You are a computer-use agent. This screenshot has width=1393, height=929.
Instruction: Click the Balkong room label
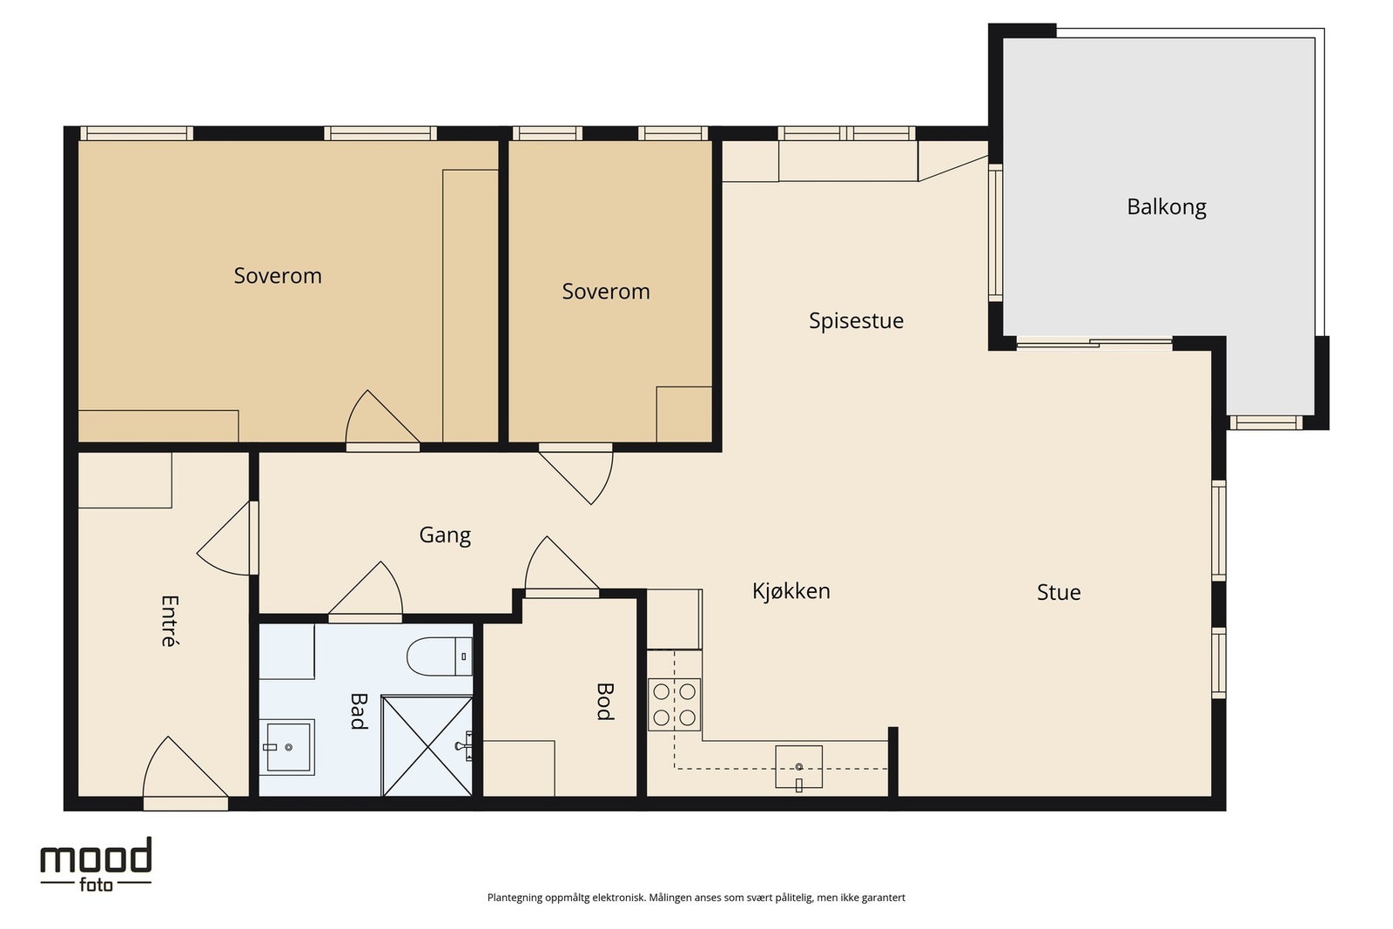(x=1166, y=207)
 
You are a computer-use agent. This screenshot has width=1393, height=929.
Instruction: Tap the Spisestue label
(x=856, y=321)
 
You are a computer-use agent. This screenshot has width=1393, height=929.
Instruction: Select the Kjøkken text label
(x=791, y=590)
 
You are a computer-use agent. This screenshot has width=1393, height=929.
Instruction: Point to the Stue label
(x=1059, y=592)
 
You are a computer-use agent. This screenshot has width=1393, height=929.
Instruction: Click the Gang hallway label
(x=445, y=535)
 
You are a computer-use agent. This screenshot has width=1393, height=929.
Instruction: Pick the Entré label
(x=170, y=621)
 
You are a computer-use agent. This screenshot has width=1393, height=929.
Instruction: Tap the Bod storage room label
(x=605, y=702)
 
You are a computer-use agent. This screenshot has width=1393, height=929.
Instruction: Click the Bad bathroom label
(x=359, y=710)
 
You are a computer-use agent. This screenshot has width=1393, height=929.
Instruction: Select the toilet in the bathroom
(x=440, y=656)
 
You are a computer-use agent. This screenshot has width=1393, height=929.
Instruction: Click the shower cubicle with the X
(x=427, y=745)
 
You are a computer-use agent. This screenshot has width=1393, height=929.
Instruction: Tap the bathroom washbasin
(x=286, y=747)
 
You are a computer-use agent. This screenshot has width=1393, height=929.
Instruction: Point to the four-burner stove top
(x=674, y=704)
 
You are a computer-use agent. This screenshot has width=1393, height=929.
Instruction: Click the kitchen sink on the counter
(x=798, y=767)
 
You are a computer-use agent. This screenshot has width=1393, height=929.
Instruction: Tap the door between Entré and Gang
(x=227, y=538)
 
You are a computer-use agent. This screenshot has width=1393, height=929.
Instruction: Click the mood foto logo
(x=96, y=865)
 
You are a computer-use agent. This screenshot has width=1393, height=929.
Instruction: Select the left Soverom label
(x=278, y=276)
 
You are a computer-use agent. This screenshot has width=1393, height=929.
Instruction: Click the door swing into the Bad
(x=366, y=590)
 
